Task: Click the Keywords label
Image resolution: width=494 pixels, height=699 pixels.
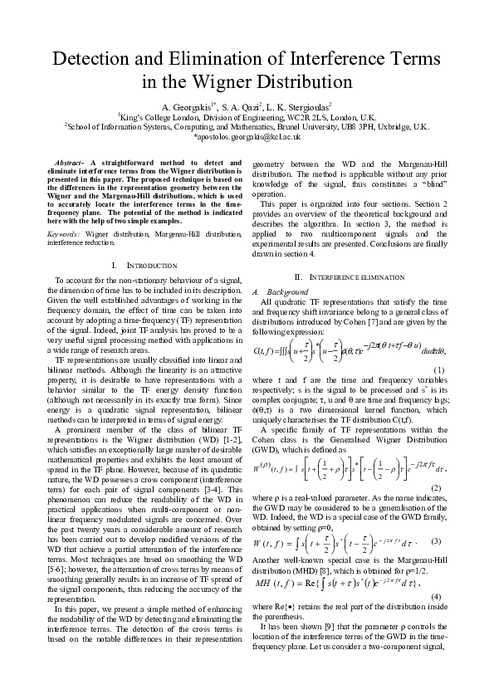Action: (67, 212)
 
